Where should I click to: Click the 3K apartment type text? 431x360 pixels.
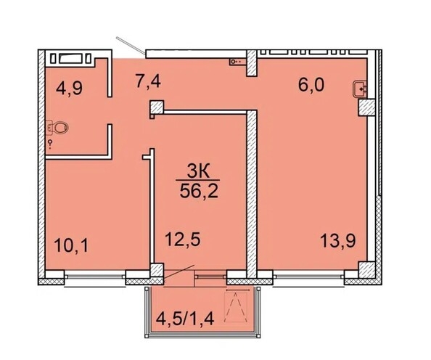point(200,172)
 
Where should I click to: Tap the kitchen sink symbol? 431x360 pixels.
point(361,89)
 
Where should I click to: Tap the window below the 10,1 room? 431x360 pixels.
point(95,279)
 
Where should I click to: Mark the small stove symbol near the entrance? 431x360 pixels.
point(236,62)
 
